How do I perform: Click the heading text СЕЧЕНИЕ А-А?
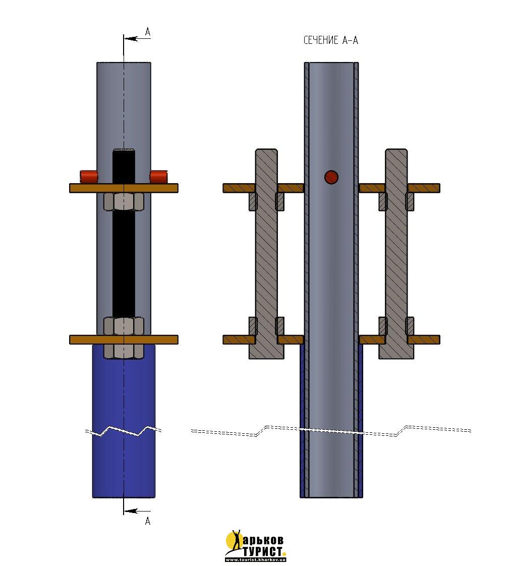330,41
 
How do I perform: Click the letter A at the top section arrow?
147,32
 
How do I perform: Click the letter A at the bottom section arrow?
147,521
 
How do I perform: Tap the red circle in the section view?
331,177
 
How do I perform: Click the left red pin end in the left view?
88,176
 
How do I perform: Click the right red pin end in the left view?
158,176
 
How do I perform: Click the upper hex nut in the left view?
124,202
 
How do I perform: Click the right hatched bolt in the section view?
396,252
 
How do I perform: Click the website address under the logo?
256,559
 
